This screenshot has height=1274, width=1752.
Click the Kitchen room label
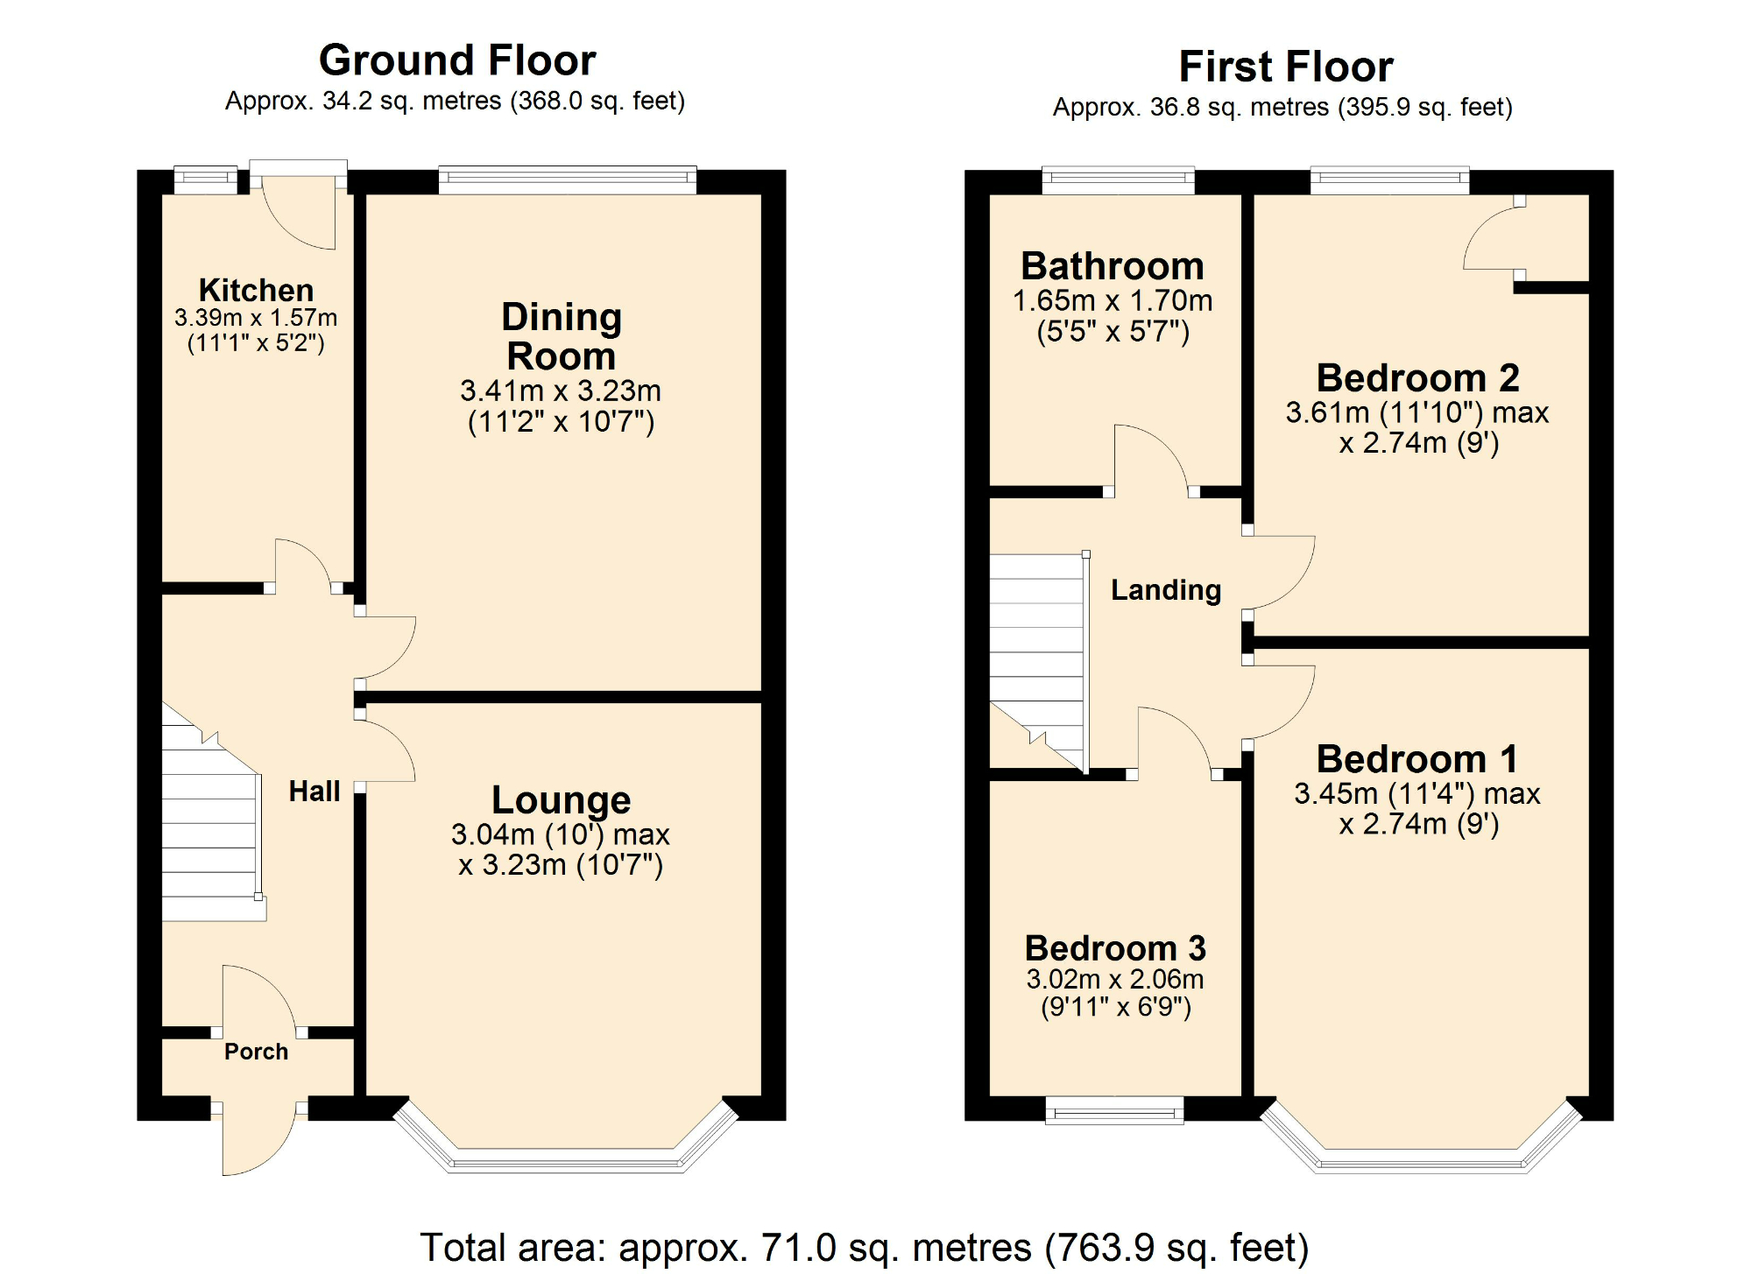point(256,290)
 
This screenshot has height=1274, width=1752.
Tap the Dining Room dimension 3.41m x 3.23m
point(561,391)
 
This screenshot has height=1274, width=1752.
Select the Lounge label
point(561,799)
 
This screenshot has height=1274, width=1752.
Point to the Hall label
point(314,792)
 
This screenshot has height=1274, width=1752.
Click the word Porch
point(256,1052)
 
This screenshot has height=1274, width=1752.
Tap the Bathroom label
point(1113,266)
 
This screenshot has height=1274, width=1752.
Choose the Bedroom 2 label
point(1417,378)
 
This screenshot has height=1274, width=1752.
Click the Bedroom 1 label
point(1417,759)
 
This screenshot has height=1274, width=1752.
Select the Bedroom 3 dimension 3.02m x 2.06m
point(1115,979)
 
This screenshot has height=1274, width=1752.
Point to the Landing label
point(1166,590)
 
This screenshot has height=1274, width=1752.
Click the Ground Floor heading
point(457,60)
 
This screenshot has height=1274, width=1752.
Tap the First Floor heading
point(1285,67)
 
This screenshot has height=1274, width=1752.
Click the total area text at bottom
point(864,1247)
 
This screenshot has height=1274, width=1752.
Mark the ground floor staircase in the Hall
point(210,832)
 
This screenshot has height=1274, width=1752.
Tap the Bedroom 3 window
point(1115,1112)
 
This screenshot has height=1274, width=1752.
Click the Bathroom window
point(1118,180)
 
